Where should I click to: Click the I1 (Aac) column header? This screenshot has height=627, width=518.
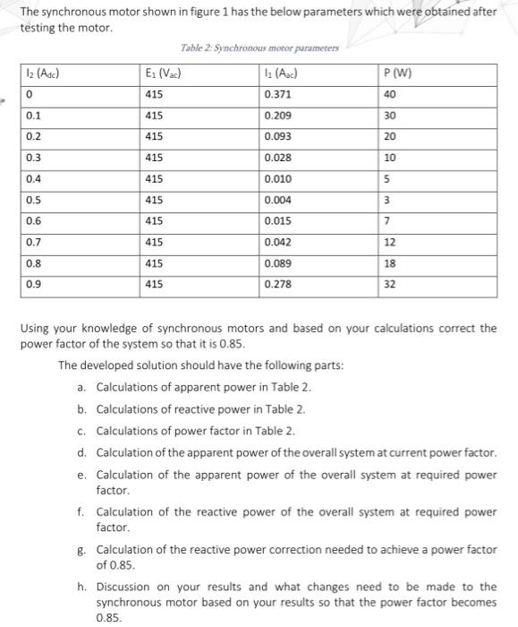click(283, 74)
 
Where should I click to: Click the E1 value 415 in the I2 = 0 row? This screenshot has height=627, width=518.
click(153, 94)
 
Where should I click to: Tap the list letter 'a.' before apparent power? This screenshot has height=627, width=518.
click(82, 387)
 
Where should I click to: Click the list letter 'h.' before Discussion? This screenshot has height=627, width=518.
click(82, 586)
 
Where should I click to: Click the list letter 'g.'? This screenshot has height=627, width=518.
click(82, 549)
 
